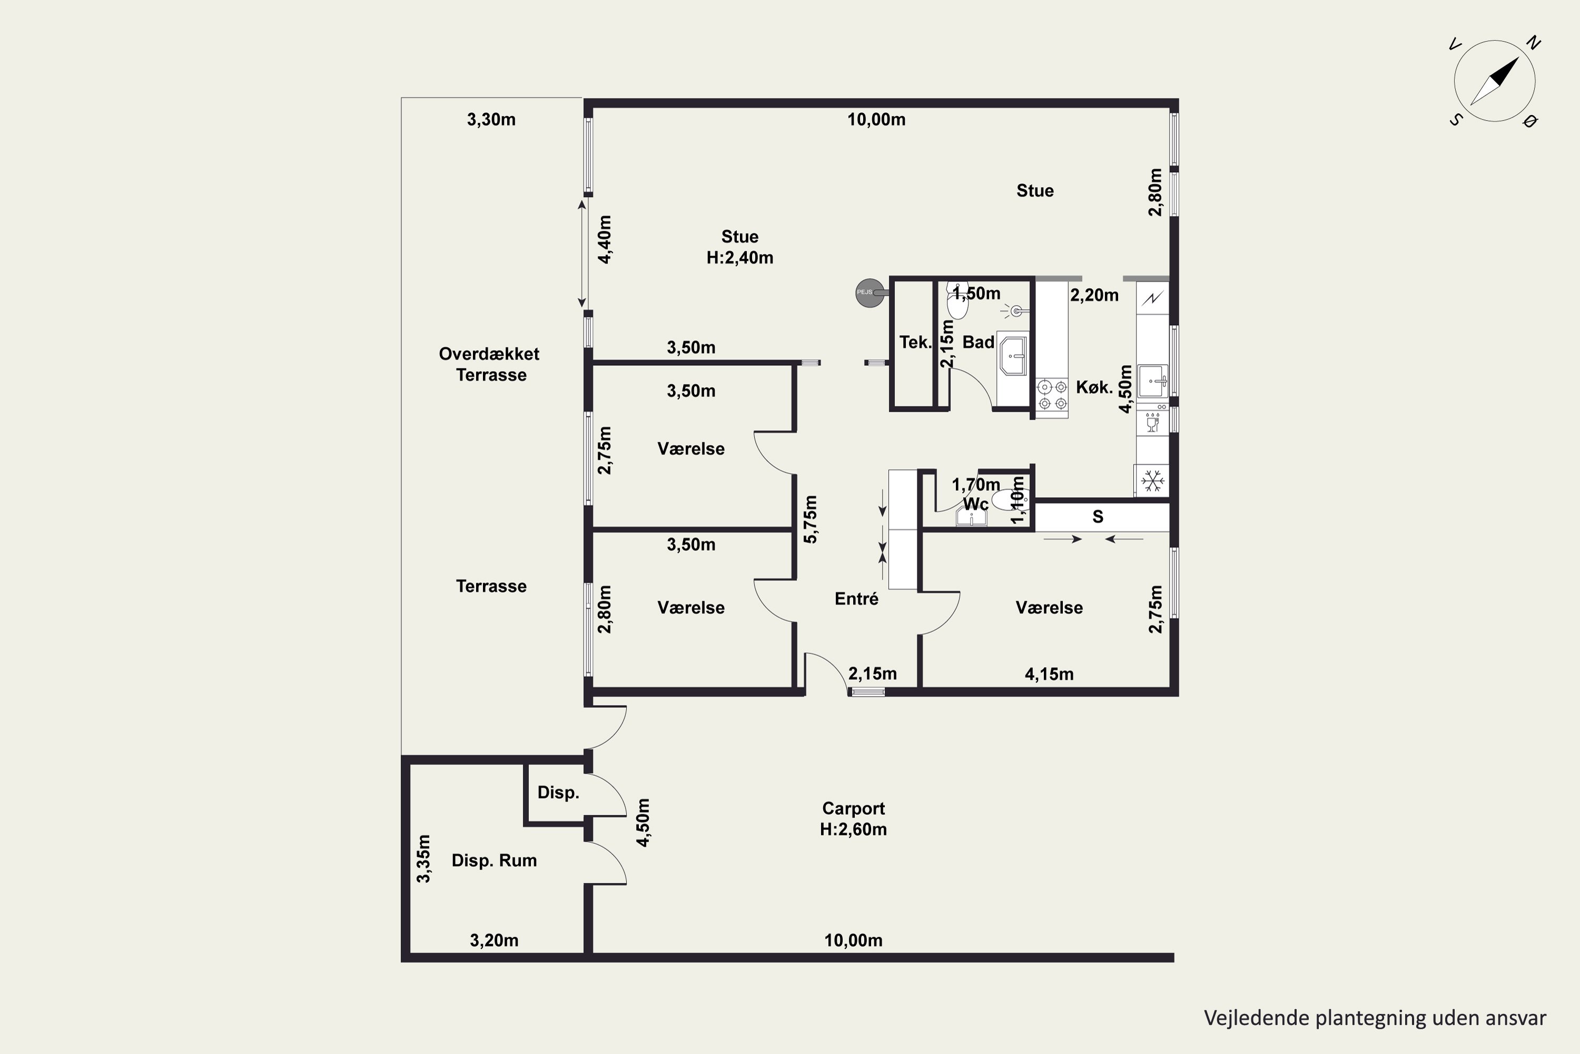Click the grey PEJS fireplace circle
coord(870,292)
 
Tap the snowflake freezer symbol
coord(1153,481)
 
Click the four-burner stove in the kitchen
coord(1052,395)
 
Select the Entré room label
coord(856,598)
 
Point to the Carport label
coord(853,808)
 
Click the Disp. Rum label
coord(494,861)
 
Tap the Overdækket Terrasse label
coord(490,364)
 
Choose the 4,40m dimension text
coord(605,240)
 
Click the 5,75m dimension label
coord(811,519)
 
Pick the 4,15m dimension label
coord(1049,674)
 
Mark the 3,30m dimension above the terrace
coord(491,120)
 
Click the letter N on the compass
coord(1533,43)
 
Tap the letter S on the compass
coord(1455,120)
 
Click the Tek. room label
coord(915,342)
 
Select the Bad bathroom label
coord(978,342)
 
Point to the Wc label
coord(975,503)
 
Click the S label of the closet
coord(1098,516)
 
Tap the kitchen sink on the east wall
coord(1153,381)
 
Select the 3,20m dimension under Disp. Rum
coord(494,940)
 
